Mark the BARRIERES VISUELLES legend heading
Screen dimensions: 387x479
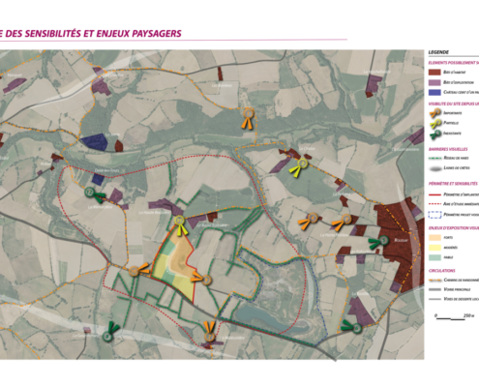447,150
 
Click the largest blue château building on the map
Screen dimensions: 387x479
94,141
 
